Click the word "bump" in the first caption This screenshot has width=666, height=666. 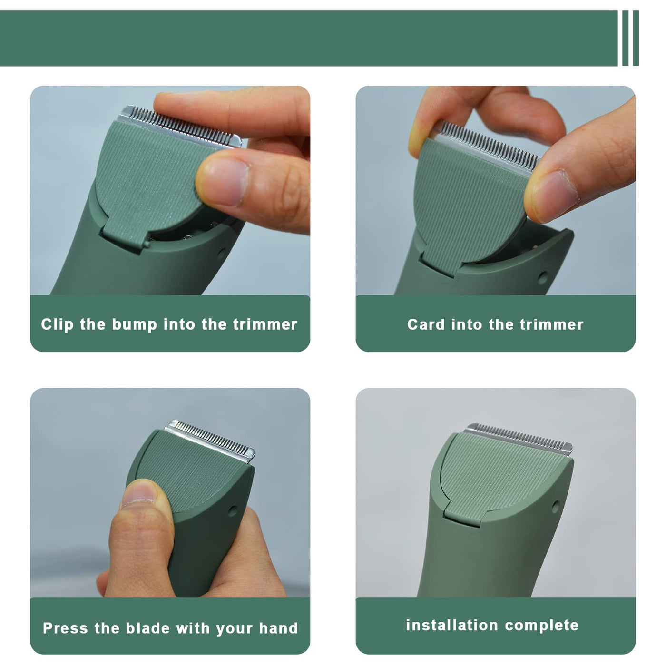pyautogui.click(x=135, y=325)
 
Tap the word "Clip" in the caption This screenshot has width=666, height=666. pyautogui.click(x=58, y=324)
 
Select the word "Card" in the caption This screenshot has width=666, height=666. pyautogui.click(x=426, y=324)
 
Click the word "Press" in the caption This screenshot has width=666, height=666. pyautogui.click(x=65, y=628)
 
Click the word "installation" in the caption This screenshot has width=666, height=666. pyautogui.click(x=452, y=625)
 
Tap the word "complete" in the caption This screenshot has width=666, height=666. pyautogui.click(x=541, y=626)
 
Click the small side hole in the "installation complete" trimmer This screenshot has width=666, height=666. pyautogui.click(x=556, y=507)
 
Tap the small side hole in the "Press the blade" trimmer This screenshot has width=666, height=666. pyautogui.click(x=233, y=510)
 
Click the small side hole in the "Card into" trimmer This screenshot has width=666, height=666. pyautogui.click(x=543, y=277)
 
